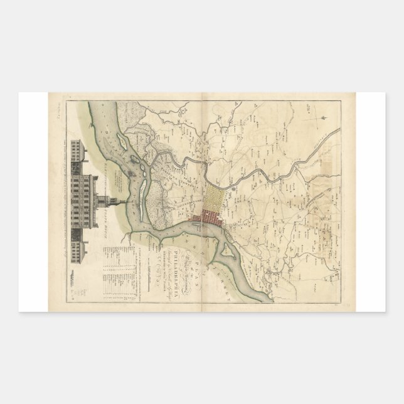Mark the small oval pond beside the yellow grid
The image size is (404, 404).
(233, 186)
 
